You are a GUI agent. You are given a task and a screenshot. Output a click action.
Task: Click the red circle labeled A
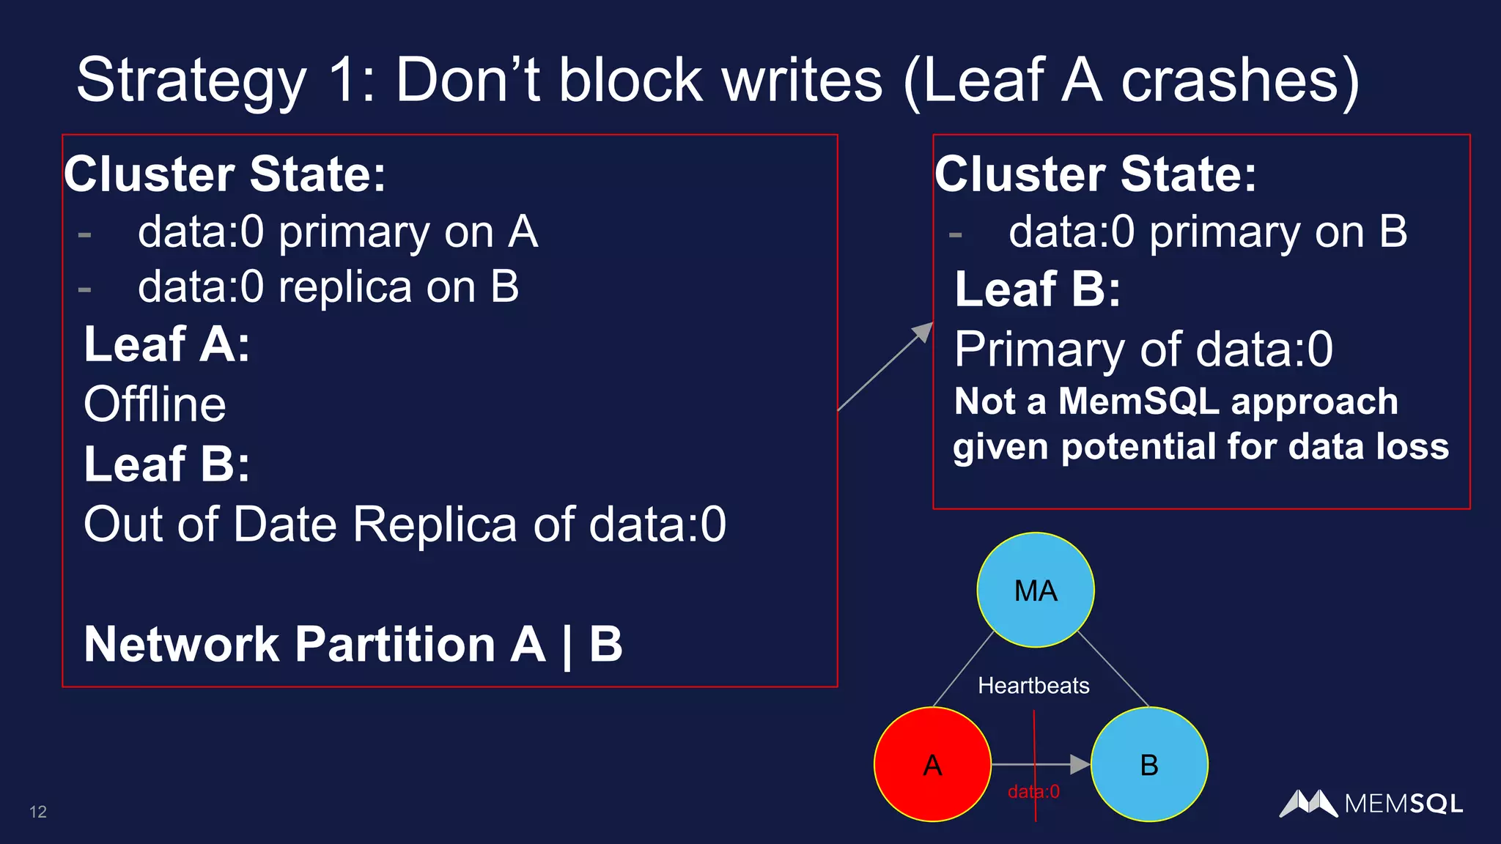(932, 764)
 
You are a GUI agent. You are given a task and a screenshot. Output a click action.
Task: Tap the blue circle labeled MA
(1035, 590)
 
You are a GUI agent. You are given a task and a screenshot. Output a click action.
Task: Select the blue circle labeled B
(1148, 764)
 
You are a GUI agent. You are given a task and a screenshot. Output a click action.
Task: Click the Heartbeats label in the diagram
(1033, 686)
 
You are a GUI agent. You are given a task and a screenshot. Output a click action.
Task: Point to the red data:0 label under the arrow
(1033, 792)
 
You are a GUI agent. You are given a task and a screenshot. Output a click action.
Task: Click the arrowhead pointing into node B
(1080, 764)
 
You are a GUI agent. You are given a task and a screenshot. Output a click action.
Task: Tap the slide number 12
(38, 812)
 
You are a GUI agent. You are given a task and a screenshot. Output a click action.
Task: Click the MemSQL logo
(1371, 804)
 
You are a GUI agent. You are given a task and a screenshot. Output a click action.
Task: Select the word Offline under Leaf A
(155, 404)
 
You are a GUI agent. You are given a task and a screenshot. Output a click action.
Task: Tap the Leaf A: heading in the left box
(167, 344)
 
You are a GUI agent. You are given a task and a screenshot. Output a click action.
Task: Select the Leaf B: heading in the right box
(1037, 289)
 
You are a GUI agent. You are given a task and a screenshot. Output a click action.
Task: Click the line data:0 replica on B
(328, 286)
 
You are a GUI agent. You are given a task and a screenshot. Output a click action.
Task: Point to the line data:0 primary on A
(338, 232)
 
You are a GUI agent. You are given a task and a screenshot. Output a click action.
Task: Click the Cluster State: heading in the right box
(1096, 174)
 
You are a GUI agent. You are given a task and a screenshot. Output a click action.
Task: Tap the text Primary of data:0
(1143, 349)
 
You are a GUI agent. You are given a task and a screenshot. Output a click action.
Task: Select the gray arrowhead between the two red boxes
(923, 332)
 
